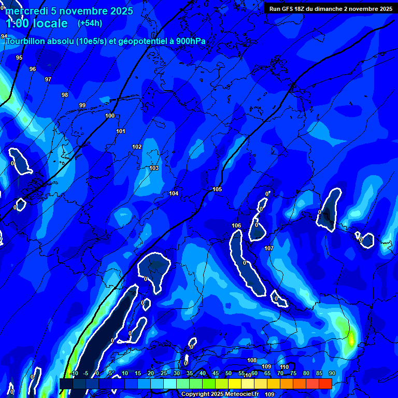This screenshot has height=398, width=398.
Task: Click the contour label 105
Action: [217, 189]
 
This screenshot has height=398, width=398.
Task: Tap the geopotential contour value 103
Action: [154, 168]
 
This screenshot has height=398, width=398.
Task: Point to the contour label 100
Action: [110, 116]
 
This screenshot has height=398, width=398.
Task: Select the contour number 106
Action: [236, 225]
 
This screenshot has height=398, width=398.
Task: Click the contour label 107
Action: [269, 248]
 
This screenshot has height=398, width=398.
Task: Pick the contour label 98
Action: [65, 95]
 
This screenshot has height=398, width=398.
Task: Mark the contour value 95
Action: [19, 58]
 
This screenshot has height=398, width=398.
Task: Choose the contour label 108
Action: [252, 360]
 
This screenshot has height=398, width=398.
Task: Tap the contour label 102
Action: [137, 147]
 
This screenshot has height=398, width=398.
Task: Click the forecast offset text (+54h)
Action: [90, 23]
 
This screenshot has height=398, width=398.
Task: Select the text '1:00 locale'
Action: [36, 23]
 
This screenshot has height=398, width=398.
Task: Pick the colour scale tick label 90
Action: [332, 373]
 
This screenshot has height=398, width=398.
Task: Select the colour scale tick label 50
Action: [229, 373]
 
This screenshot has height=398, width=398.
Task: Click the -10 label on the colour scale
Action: [74, 373]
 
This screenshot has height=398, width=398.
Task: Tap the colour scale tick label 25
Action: [164, 373]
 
